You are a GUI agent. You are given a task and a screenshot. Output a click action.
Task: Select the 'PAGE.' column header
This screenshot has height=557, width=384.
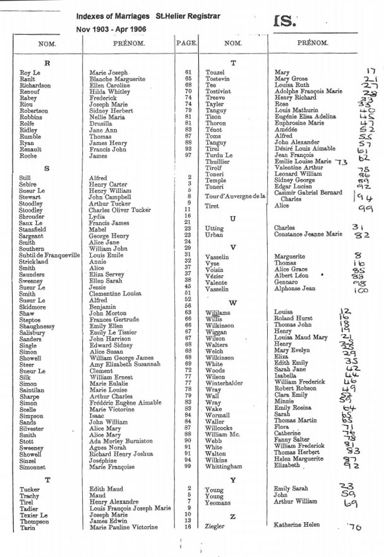[184, 44]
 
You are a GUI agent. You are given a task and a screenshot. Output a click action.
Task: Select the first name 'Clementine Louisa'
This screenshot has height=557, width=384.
[116, 293]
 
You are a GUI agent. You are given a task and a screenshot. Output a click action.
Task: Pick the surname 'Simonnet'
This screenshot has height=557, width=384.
[33, 467]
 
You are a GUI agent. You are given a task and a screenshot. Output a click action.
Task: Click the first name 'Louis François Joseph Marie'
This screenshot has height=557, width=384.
[129, 508]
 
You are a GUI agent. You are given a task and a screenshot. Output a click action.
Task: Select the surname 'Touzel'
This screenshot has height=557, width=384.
[216, 73]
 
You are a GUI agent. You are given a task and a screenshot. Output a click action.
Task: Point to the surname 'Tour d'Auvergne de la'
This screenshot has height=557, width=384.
[233, 197]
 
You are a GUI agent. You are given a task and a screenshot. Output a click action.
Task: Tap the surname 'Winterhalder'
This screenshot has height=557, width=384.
[225, 382]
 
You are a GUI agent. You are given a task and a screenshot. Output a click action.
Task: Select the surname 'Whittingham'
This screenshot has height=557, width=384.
[224, 466]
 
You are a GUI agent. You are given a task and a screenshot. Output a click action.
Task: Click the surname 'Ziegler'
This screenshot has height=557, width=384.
[215, 525]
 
